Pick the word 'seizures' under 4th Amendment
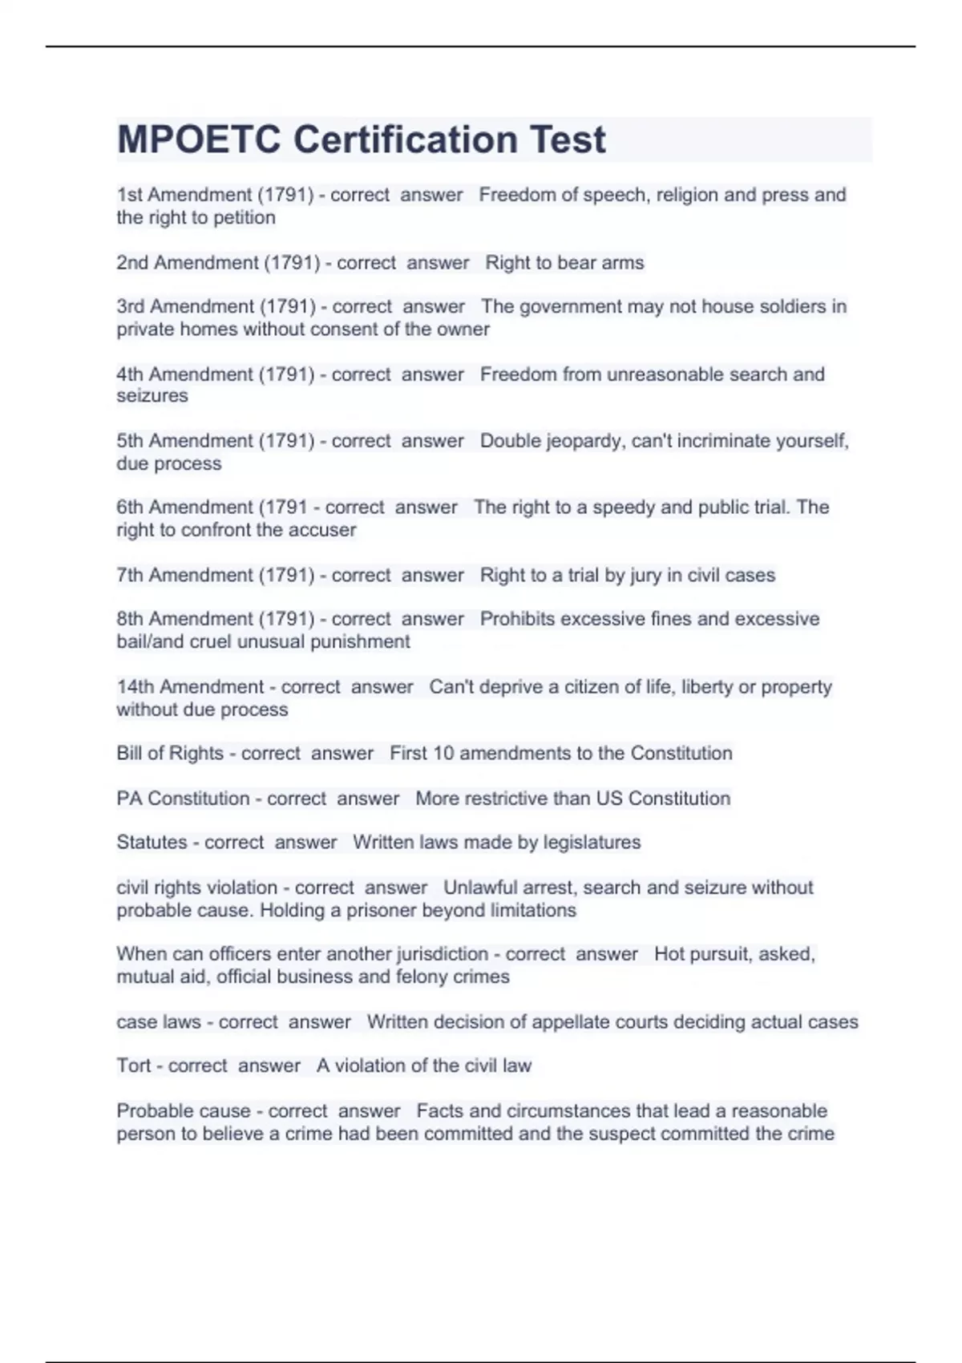coord(152,396)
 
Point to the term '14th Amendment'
coord(190,687)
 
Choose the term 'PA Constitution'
coord(183,799)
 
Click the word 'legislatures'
coord(592,843)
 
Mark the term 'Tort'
coord(133,1066)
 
